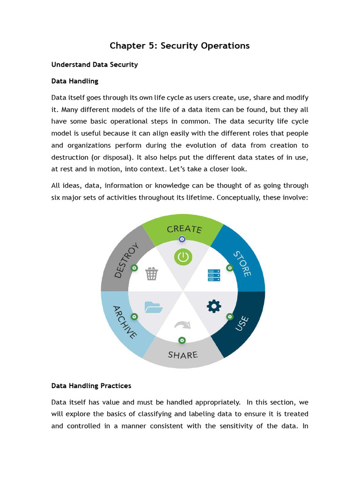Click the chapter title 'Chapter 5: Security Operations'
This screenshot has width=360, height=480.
(x=180, y=45)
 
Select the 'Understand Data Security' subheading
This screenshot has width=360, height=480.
(x=94, y=65)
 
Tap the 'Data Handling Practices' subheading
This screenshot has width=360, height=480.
(x=91, y=386)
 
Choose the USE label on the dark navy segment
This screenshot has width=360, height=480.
(x=242, y=324)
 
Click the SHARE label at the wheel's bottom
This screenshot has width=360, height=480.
(x=183, y=355)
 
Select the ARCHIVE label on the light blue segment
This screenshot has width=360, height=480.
(x=125, y=322)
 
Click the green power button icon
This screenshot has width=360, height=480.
(x=183, y=257)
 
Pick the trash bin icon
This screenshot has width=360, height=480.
(x=151, y=274)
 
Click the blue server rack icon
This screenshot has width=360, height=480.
(x=214, y=275)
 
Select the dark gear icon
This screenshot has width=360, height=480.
(x=214, y=306)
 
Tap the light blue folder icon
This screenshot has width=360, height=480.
(x=153, y=307)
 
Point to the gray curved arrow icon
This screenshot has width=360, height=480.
(x=182, y=325)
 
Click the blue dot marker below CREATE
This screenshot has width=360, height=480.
(x=182, y=239)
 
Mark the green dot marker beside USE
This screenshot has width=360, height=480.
(x=230, y=317)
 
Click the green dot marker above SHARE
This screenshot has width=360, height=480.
(x=182, y=340)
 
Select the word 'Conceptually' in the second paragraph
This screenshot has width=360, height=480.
(x=238, y=197)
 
